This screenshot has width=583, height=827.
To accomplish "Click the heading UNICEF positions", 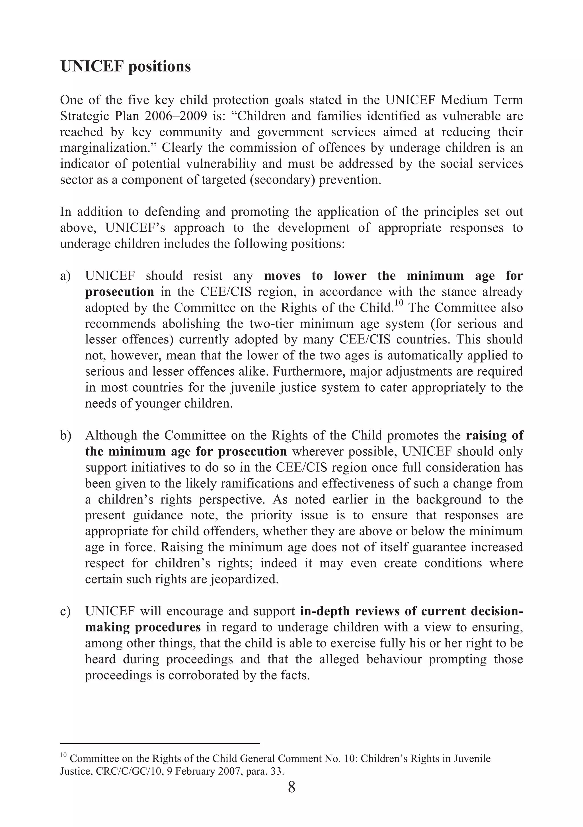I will point(125,67).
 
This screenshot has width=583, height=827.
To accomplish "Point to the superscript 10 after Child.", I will point(398,304).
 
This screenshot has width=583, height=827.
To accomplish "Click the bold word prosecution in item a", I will point(119,292).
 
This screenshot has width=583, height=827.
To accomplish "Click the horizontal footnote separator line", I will point(160,743).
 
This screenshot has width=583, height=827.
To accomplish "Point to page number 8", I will point(291,787).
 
